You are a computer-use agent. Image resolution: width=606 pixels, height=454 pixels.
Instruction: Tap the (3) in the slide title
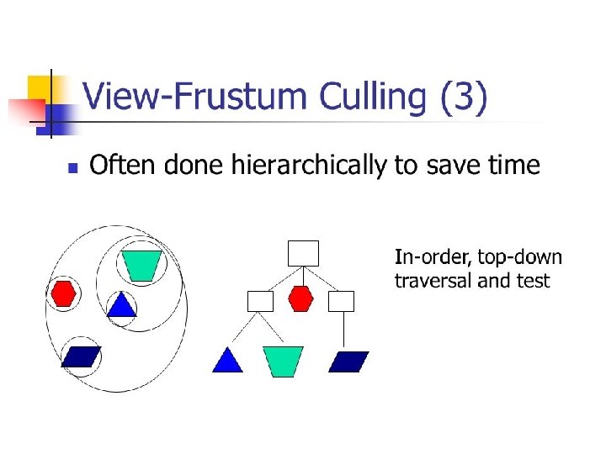[x=464, y=98]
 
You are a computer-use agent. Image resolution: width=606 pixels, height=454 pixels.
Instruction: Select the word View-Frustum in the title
[x=199, y=98]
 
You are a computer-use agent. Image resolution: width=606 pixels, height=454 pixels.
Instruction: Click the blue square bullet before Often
[x=72, y=167]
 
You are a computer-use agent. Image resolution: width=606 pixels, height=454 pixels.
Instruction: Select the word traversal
[x=433, y=281]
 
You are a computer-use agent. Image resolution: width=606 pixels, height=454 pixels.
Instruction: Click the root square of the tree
[x=303, y=253]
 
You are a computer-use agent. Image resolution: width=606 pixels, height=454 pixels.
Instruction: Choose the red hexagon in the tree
[x=301, y=298]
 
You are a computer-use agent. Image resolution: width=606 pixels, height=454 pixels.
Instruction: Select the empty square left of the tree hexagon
[x=261, y=301]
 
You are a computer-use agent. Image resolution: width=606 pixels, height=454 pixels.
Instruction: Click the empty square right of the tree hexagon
[x=342, y=301]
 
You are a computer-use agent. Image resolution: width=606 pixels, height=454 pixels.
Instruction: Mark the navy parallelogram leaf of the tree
[x=348, y=362]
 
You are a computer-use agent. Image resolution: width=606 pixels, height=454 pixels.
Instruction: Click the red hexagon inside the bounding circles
[x=64, y=293]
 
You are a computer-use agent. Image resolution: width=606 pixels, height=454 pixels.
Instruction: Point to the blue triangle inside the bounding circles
[x=121, y=305]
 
